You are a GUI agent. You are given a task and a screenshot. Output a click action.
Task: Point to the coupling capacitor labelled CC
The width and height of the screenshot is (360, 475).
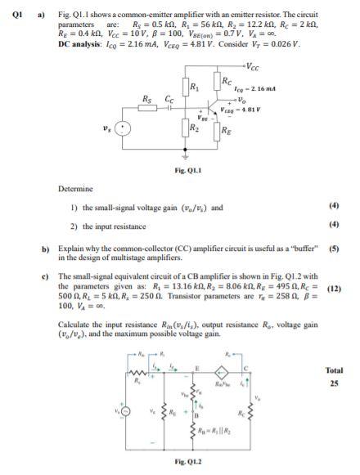tap(169, 106)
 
